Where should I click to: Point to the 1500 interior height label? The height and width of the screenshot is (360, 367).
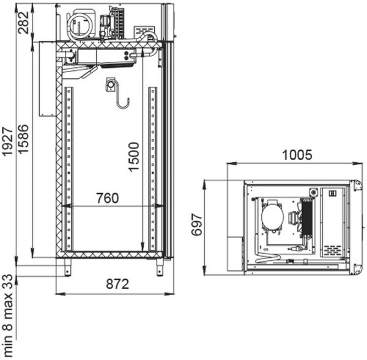134,156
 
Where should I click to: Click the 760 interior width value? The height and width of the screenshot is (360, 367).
107,198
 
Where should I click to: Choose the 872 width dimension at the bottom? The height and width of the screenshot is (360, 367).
116,284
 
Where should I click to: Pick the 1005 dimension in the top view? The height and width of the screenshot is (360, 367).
297,155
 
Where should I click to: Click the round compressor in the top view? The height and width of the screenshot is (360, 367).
272,216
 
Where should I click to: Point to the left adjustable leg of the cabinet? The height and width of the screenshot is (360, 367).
66,266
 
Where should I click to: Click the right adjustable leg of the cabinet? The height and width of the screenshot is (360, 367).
158,266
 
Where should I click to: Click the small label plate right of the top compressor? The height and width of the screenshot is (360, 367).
144,30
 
